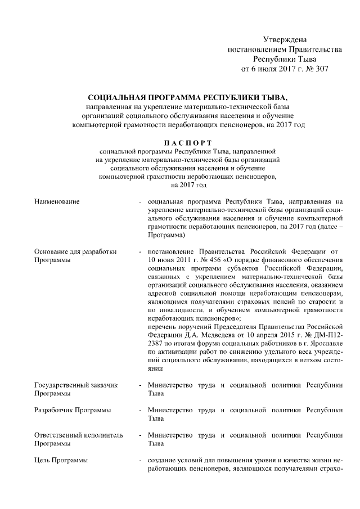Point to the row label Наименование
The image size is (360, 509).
[x=57, y=201]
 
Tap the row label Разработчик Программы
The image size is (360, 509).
[x=73, y=411]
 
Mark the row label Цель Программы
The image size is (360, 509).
[x=61, y=461]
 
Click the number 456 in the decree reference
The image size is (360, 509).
[x=214, y=260]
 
